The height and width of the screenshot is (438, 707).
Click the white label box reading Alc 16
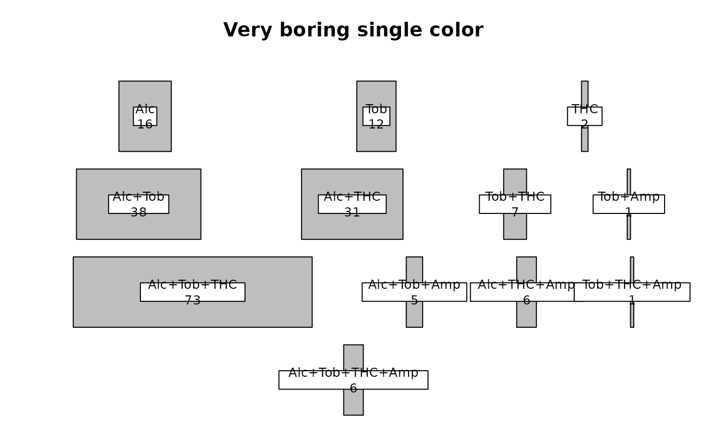coord(145,116)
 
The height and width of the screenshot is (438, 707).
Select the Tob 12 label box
coord(376,116)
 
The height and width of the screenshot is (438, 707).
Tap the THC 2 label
coord(584,116)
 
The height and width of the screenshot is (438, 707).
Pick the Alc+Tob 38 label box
coord(138,204)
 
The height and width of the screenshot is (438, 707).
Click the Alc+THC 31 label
coord(352,204)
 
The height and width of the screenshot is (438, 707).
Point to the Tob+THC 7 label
coord(515,204)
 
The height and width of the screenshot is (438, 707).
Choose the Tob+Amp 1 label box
coord(628,204)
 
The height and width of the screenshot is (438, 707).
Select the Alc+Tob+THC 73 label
coord(192,292)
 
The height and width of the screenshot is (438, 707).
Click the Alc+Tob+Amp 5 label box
coord(414,292)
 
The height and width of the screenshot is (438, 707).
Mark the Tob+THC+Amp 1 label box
coord(632,292)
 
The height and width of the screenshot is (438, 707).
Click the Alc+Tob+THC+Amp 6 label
coord(353,380)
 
